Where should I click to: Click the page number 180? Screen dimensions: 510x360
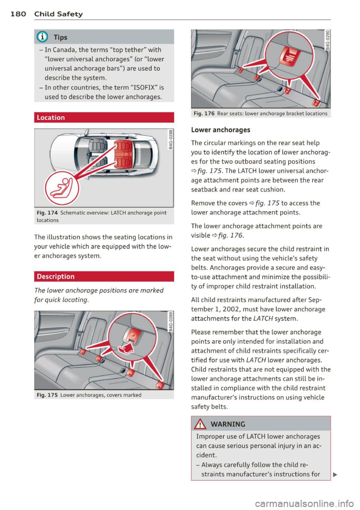18,14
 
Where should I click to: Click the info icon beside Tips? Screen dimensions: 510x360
42,37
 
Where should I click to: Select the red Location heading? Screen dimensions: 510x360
51,117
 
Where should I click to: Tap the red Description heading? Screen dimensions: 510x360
55,277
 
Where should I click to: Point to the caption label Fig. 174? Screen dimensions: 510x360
47,213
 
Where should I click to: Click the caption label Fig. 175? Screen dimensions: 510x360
47,395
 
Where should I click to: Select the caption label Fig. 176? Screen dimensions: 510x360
204,114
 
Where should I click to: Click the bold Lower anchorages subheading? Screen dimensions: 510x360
220,130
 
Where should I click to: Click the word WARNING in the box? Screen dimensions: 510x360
228,424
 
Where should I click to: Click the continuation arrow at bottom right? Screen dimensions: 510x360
335,474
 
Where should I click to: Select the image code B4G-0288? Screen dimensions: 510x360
171,139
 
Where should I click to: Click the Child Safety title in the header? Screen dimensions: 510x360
58,14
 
